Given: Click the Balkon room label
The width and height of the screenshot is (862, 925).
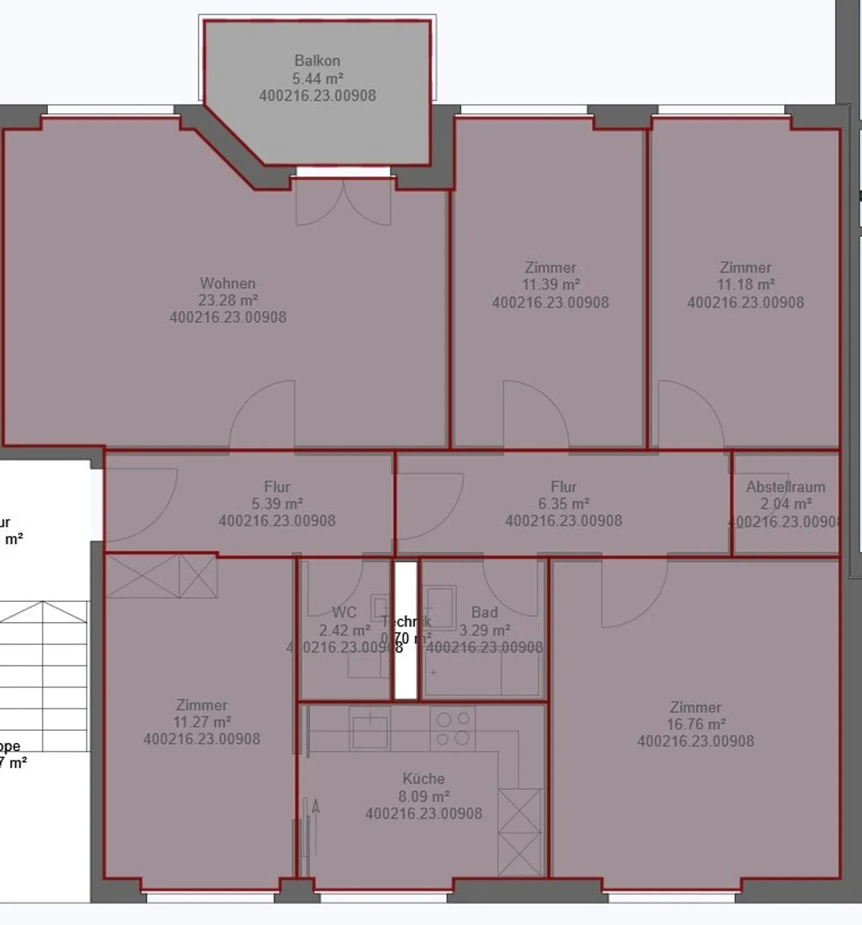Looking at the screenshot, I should [317, 61].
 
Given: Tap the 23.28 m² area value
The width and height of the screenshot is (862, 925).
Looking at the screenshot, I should [228, 300].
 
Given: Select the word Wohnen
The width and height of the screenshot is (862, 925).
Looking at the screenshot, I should [228, 283].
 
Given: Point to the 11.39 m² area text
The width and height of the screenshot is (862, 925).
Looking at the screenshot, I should [551, 285].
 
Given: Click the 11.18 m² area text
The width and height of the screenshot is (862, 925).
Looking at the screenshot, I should [746, 285].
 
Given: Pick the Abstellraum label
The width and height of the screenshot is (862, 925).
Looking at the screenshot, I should [785, 487].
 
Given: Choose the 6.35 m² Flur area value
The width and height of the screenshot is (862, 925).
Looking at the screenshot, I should [564, 504].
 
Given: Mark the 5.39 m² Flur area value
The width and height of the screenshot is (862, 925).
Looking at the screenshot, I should [277, 504].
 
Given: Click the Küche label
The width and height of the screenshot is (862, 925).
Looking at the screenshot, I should [424, 779].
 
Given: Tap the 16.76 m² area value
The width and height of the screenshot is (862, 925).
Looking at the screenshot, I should [696, 724].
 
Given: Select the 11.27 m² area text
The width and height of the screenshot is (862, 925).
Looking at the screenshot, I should [202, 722].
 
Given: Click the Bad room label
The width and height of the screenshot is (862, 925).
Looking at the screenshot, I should [484, 612].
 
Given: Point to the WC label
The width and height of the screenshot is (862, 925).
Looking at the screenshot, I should [344, 612].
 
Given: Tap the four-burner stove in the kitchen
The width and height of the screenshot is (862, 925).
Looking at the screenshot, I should [453, 728].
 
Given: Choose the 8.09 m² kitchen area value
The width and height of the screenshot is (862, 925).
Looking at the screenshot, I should [424, 796].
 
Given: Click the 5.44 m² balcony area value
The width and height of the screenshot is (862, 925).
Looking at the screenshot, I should [317, 78].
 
